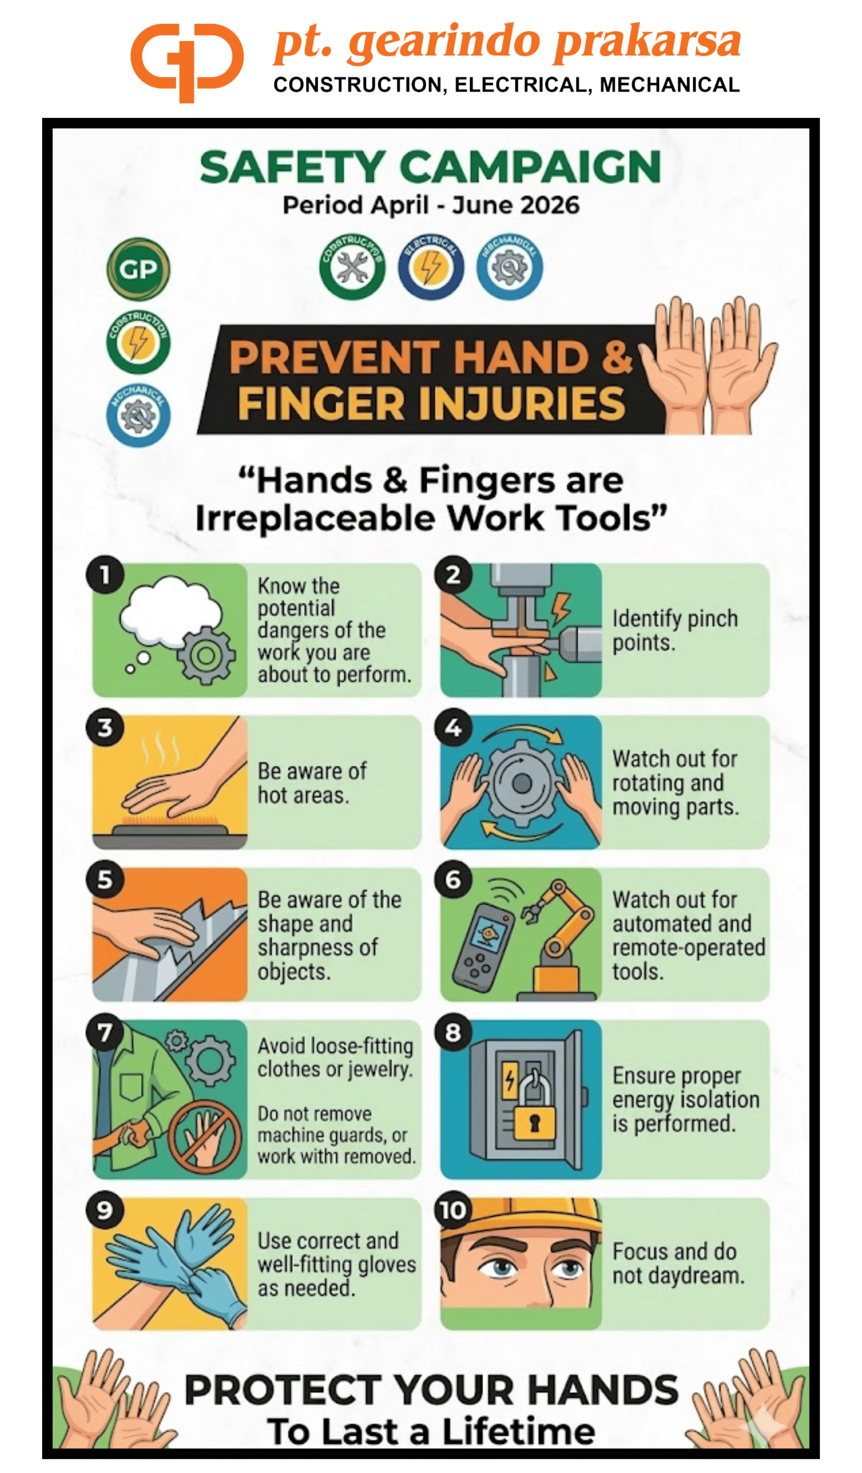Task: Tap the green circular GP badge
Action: click(139, 269)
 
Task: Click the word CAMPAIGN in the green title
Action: click(532, 168)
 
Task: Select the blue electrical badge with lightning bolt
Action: click(431, 267)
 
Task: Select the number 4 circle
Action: click(453, 728)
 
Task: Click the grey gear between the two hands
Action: click(521, 783)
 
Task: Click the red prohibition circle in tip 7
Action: click(205, 1137)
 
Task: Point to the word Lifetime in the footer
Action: click(519, 1432)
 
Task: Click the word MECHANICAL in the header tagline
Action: click(669, 85)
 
